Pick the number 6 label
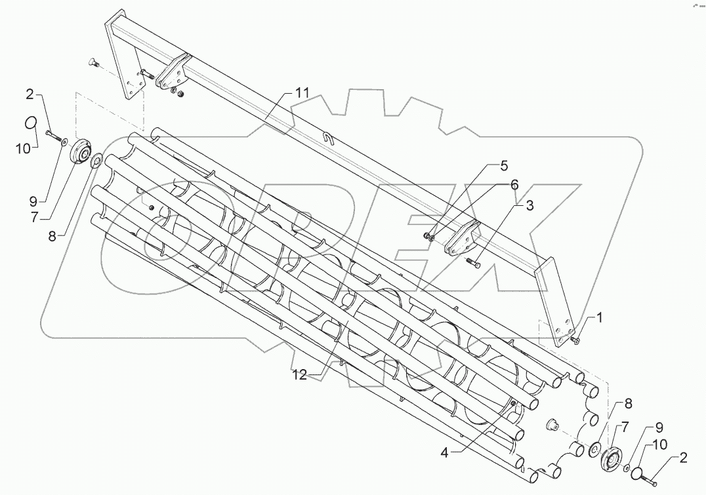pyautogui.click(x=516, y=186)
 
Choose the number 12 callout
pyautogui.click(x=299, y=374)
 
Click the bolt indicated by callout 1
pyautogui.click(x=575, y=340)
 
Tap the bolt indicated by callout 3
pyautogui.click(x=474, y=264)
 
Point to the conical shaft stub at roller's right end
pyautogui.click(x=552, y=426)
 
